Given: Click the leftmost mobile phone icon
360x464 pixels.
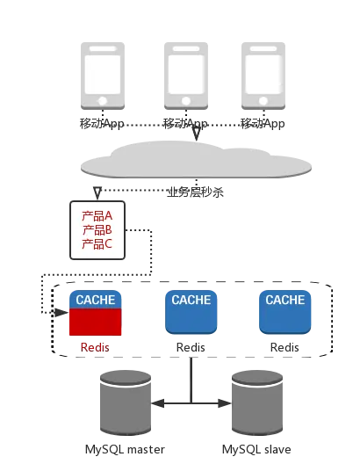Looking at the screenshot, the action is tap(103, 76).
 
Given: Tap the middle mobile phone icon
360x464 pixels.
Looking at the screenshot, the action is tap(186, 76).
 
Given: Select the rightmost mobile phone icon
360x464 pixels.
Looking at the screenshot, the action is tap(263, 76).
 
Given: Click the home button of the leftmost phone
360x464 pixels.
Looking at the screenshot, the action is tap(103, 100).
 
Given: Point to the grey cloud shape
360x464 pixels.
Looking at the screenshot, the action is tap(196, 160).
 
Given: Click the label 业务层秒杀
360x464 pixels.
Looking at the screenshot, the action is tap(196, 192).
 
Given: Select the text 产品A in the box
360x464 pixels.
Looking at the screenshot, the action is tap(97, 216).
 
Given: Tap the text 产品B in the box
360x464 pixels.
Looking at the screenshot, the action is tap(97, 230).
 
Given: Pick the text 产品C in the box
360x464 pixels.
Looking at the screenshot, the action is tap(97, 244).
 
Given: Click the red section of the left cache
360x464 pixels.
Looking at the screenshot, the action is tap(95, 322).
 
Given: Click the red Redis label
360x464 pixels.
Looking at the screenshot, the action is tap(95, 347).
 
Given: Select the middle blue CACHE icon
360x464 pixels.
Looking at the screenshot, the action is tap(191, 312).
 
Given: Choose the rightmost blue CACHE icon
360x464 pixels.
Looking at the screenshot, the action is tap(284, 312).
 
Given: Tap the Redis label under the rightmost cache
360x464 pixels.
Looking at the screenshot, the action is tap(284, 347).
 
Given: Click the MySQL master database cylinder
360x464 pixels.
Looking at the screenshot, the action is tap(126, 402).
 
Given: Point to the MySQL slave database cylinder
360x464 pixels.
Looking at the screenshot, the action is tap(257, 402).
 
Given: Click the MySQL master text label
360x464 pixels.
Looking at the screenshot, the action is tap(125, 450).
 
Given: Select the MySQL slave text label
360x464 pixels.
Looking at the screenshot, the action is tap(256, 450).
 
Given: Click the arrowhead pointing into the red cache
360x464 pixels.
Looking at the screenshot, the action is tap(61, 312).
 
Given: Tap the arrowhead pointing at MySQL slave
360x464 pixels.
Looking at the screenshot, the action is tap(225, 403).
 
